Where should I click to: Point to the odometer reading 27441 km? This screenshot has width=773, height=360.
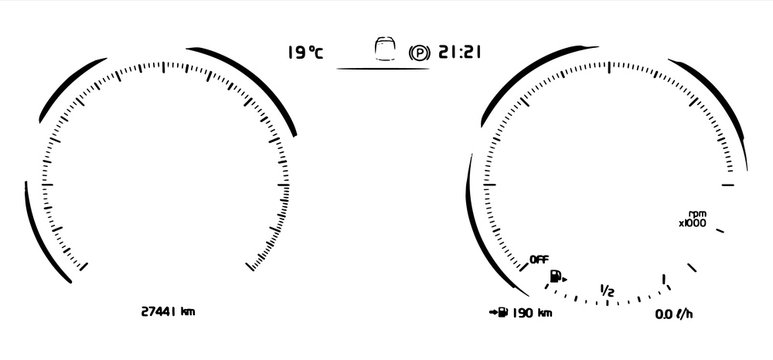(x=168, y=312)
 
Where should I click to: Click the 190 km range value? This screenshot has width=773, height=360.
(x=531, y=313)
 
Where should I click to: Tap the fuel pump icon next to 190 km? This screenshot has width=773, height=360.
(x=498, y=313)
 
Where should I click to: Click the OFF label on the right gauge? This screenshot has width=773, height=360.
(x=539, y=260)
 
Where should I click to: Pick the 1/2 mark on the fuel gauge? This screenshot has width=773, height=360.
(x=606, y=290)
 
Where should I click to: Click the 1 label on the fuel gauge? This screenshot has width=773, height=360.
(x=664, y=280)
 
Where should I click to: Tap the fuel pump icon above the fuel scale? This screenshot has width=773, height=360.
(x=556, y=277)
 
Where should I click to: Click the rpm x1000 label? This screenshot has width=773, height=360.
(x=692, y=219)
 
